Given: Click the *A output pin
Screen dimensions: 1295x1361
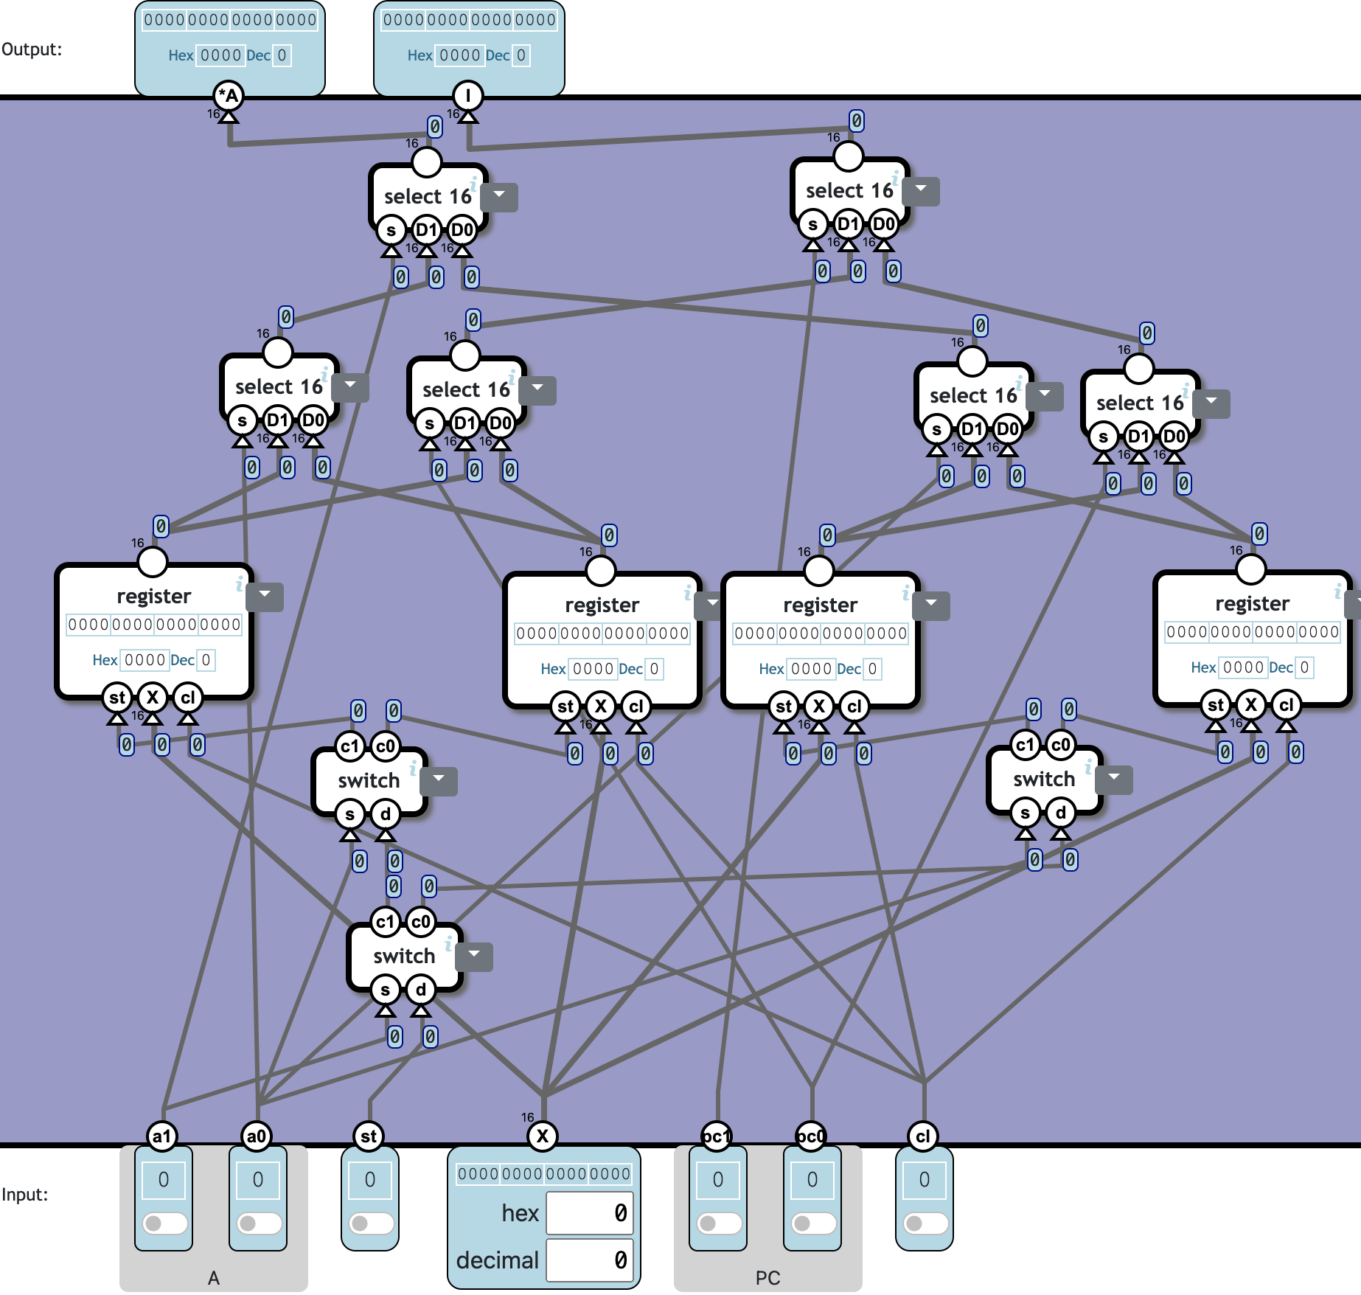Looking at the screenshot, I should point(229,95).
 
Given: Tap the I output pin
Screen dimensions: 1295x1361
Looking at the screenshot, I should point(468,95).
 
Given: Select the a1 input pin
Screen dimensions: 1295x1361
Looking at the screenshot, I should point(162,1136).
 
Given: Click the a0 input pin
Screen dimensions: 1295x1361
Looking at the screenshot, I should point(257,1136).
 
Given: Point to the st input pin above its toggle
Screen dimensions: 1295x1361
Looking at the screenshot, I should point(369,1136).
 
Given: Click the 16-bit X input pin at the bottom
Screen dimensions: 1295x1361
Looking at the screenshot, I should point(543,1136).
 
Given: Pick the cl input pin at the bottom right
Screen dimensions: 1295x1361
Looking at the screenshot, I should point(923,1136).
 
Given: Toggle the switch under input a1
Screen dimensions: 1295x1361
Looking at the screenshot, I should point(164,1223).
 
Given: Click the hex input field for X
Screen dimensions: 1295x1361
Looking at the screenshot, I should point(590,1213).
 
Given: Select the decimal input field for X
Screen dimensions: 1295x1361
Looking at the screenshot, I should point(590,1260).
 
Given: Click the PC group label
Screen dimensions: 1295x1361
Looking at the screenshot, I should point(767,1278).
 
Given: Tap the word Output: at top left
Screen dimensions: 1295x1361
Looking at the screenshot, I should point(32,49).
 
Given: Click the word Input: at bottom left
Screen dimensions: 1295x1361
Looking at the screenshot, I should point(24,1195).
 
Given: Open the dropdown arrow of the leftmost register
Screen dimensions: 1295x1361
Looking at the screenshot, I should point(265,594).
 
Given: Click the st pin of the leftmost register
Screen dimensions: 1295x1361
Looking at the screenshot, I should point(117,698).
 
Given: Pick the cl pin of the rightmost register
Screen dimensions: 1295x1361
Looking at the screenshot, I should point(1286,705).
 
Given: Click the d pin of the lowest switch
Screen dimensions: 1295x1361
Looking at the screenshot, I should point(420,990).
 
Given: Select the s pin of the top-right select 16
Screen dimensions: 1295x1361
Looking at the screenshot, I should point(812,224).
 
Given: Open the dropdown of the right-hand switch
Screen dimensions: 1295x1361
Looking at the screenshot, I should point(1114,777).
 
